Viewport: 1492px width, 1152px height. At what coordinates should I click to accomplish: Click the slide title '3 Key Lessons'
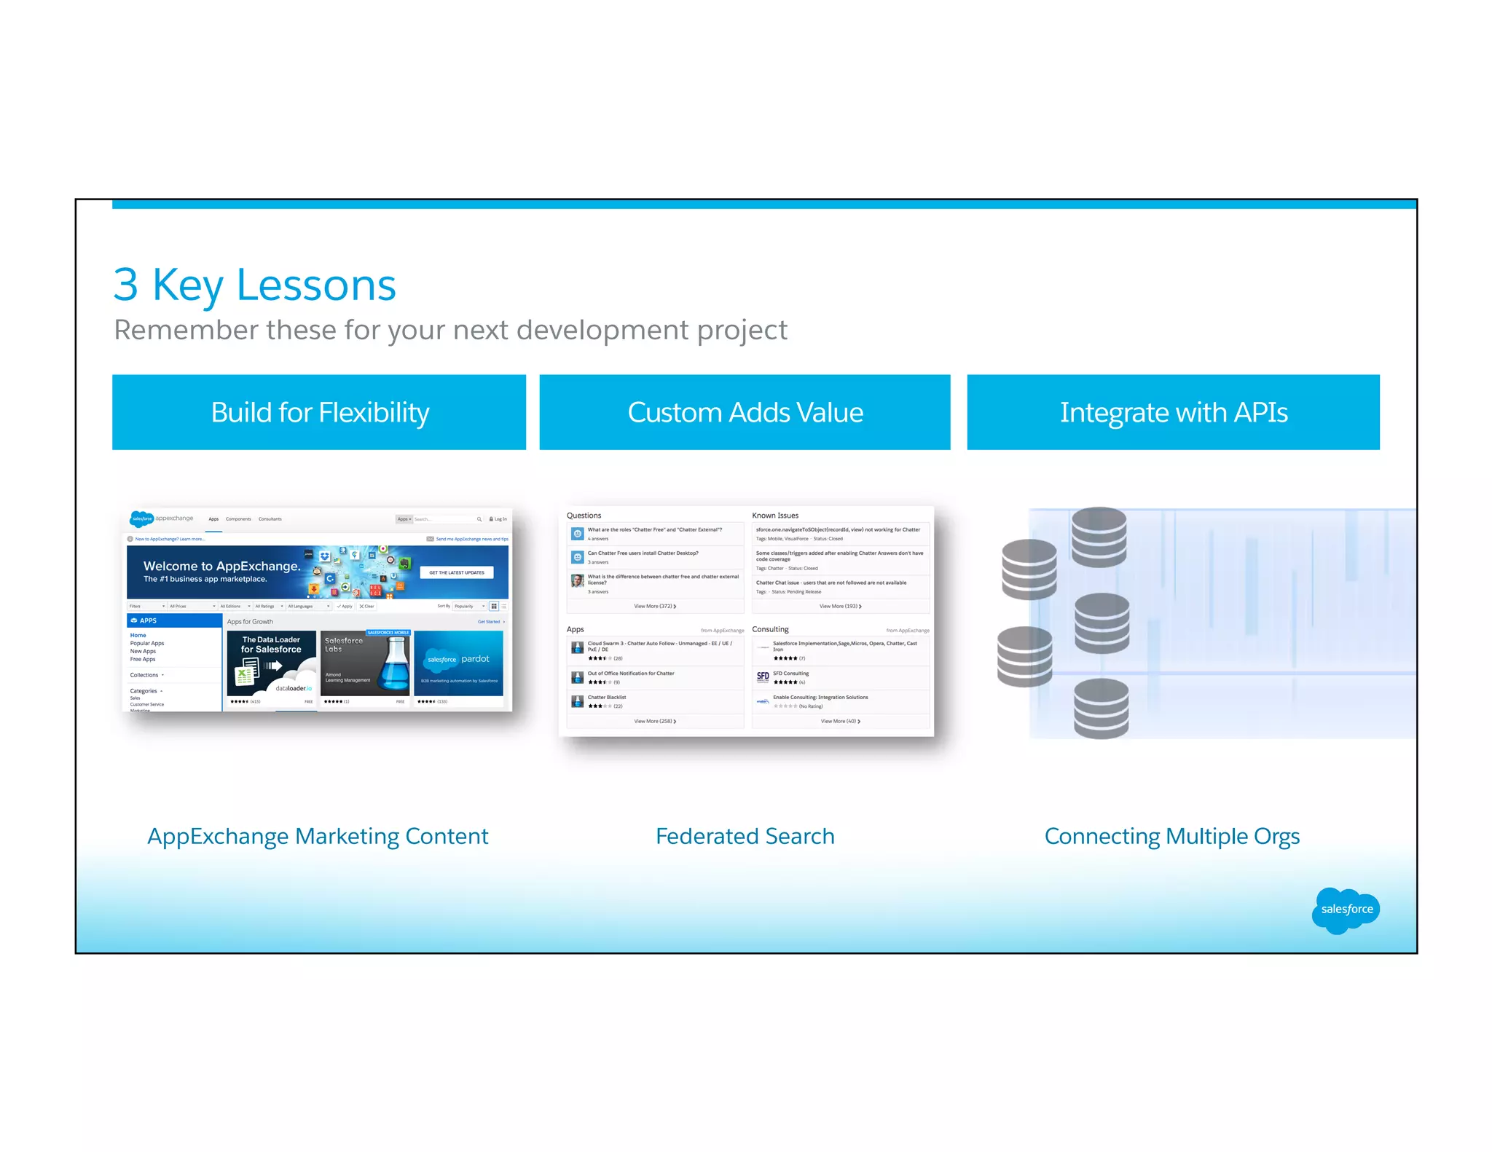tap(254, 285)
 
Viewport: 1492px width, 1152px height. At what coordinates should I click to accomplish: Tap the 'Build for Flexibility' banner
tap(319, 412)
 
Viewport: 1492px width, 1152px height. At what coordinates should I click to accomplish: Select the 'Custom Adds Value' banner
tap(745, 412)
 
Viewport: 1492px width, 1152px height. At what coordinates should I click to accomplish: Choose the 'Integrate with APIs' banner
tap(1173, 412)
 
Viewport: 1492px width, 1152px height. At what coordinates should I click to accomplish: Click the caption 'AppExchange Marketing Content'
tap(318, 836)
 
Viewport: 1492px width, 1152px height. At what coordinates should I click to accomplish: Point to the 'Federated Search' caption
tap(745, 836)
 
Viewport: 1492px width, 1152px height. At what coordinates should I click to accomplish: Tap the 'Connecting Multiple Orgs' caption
tap(1171, 836)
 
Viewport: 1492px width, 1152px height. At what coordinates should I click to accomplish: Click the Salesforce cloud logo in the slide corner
tap(1346, 910)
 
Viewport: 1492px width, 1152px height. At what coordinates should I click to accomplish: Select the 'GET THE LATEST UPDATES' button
tap(457, 572)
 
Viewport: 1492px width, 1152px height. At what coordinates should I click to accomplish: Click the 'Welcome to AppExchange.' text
tap(221, 566)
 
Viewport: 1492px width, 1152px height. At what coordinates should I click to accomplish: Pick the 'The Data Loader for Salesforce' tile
tap(271, 664)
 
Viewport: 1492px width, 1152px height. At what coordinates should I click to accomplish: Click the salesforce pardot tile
tap(458, 663)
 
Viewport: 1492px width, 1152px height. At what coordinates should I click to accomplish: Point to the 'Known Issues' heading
tap(775, 516)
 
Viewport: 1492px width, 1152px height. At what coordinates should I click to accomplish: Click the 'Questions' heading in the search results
tap(584, 516)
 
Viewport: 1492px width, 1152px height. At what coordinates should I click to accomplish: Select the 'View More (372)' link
tap(654, 606)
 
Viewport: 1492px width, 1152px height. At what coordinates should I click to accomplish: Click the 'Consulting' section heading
tap(770, 629)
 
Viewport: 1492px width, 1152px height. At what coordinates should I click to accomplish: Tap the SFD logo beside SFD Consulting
tap(763, 676)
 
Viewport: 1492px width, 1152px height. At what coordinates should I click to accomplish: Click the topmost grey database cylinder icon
tap(1099, 537)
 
